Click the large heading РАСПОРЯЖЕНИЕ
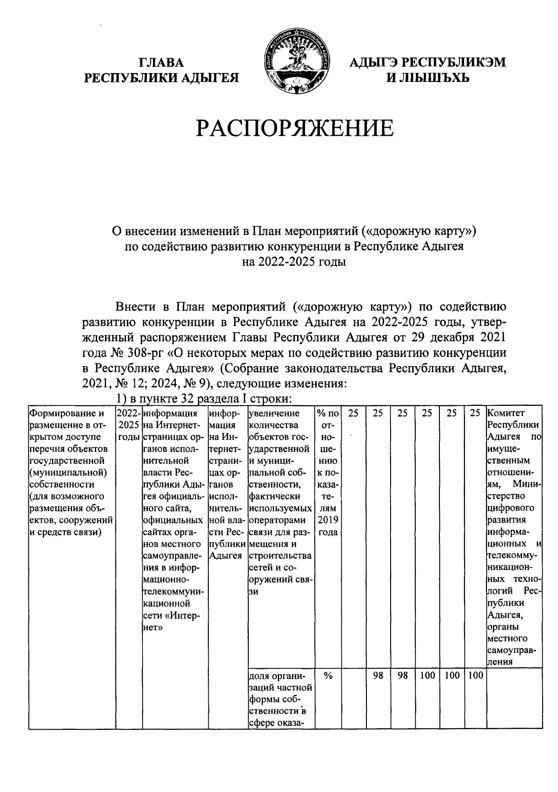pos(294,128)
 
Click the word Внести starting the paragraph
pos(137,307)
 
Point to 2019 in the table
pos(328,520)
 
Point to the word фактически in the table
pos(275,496)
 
